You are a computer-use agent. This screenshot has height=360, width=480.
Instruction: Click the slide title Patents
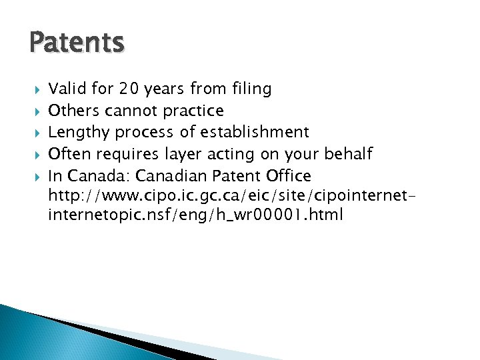77,43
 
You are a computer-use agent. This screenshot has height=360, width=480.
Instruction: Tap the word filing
252,88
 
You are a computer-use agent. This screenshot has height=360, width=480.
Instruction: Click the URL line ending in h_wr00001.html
196,216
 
